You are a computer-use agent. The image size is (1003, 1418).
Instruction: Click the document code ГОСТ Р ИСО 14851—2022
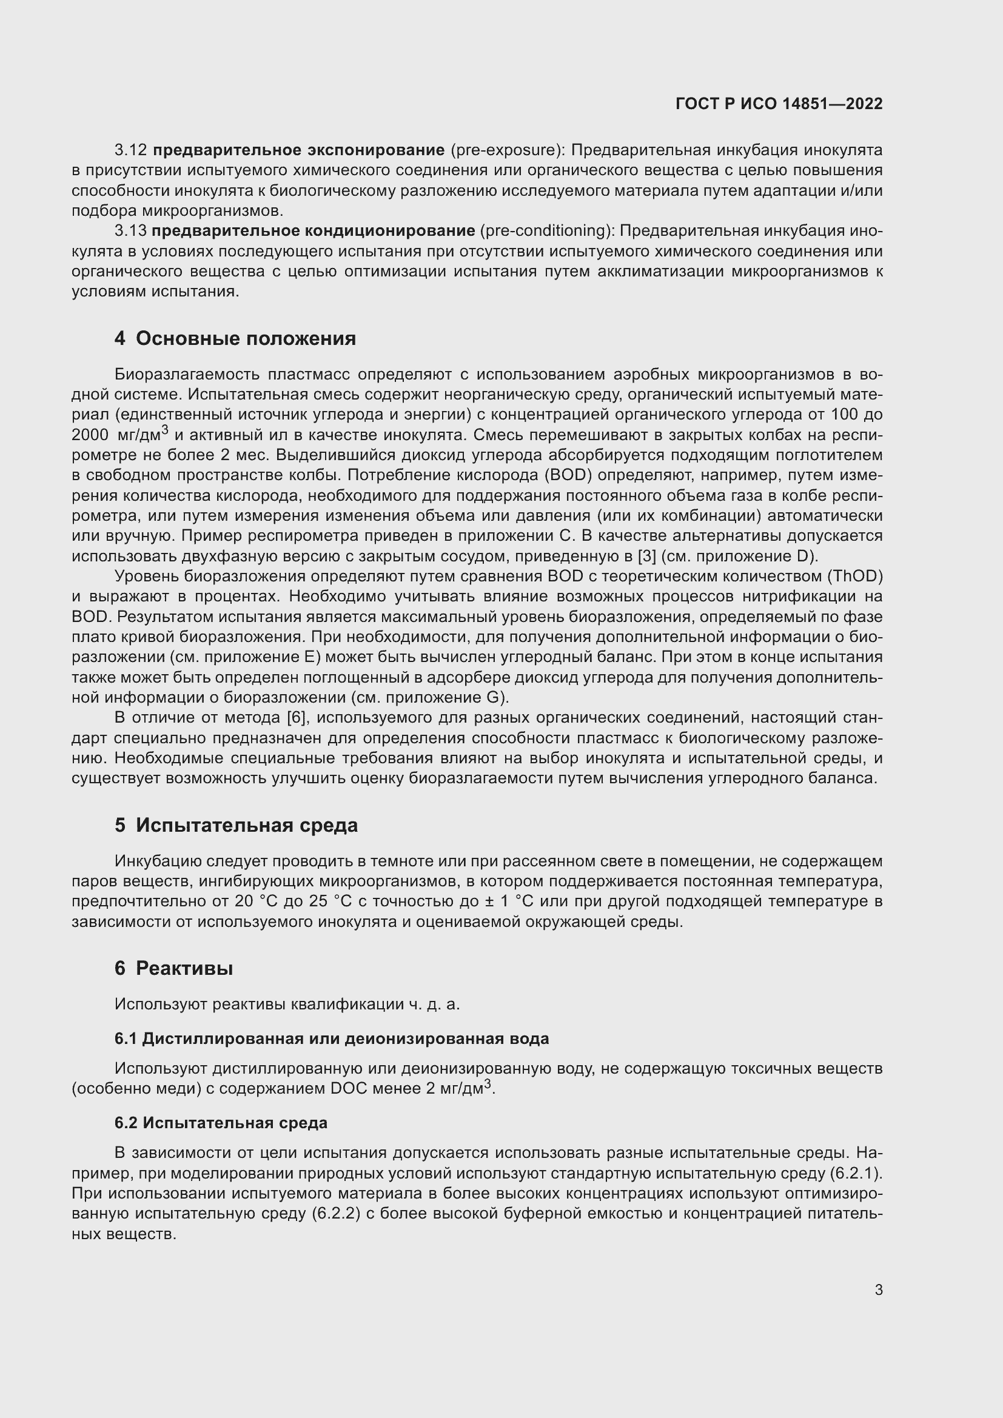pyautogui.click(x=779, y=104)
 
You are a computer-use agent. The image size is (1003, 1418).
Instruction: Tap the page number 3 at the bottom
pyautogui.click(x=878, y=1289)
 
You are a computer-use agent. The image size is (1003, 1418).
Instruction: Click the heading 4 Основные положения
pyautogui.click(x=235, y=338)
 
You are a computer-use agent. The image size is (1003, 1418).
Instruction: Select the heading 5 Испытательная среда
pyautogui.click(x=236, y=825)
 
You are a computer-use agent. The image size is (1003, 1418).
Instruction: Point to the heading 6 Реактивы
pyautogui.click(x=173, y=968)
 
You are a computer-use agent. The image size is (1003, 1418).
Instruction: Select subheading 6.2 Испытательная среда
pyautogui.click(x=221, y=1122)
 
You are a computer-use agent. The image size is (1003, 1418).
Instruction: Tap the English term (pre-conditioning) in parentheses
pyautogui.click(x=545, y=231)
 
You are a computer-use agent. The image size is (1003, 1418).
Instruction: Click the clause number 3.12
pyautogui.click(x=130, y=150)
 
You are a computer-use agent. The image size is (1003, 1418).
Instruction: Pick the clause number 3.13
pyautogui.click(x=130, y=231)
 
